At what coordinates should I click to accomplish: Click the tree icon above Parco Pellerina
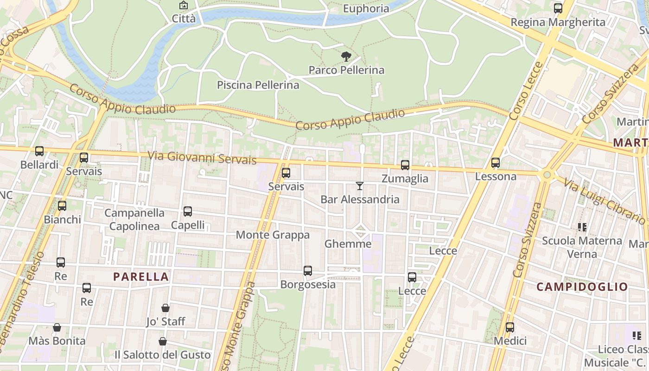[x=346, y=57]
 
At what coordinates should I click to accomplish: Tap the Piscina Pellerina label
[x=258, y=85]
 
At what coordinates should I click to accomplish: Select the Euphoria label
[x=366, y=8]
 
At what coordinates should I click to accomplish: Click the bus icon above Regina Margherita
[x=558, y=8]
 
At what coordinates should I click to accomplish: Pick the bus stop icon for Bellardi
[x=39, y=151]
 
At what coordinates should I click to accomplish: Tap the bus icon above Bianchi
[x=62, y=205]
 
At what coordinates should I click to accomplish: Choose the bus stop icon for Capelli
[x=188, y=211]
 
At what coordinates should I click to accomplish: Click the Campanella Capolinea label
[x=134, y=219]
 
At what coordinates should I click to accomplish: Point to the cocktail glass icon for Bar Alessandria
[x=360, y=186]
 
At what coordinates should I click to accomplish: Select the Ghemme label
[x=348, y=244]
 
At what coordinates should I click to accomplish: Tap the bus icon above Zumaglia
[x=405, y=165]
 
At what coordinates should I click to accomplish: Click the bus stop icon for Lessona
[x=496, y=163]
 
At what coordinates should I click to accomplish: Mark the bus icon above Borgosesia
[x=308, y=271]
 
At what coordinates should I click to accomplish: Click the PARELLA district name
[x=141, y=277]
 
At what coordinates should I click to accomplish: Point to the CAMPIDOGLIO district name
[x=582, y=287]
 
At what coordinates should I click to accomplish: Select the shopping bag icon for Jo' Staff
[x=165, y=308]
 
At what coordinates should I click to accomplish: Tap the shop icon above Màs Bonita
[x=57, y=327]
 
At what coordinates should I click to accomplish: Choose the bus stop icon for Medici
[x=510, y=327]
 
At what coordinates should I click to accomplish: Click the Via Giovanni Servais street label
[x=202, y=157]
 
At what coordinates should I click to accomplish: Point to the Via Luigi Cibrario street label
[x=604, y=199]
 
